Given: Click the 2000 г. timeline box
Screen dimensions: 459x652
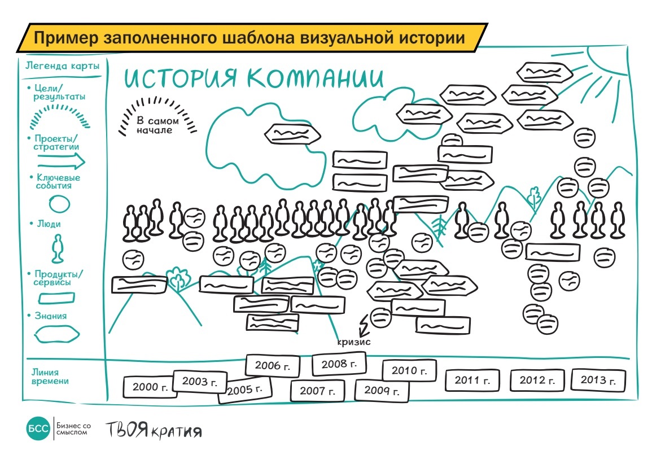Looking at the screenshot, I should (x=150, y=387).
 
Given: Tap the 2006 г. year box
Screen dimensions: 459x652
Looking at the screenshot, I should (x=268, y=365).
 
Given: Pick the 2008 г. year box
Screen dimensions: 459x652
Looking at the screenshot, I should (x=339, y=364).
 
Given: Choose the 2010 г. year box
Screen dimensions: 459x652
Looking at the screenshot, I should (x=409, y=370).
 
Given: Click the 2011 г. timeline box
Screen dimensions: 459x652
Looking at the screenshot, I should (x=472, y=380).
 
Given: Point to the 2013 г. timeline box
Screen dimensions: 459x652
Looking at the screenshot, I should (x=598, y=379).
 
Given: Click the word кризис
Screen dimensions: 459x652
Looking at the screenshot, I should (x=354, y=342).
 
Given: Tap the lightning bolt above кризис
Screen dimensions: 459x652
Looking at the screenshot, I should (x=364, y=325).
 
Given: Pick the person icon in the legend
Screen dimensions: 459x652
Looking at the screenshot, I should (x=56, y=249).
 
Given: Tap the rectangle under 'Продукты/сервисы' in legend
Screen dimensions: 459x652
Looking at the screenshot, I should (x=55, y=297).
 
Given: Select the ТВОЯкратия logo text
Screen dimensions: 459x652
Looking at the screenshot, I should (x=154, y=431).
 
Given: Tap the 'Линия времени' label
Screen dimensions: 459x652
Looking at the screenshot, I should (x=50, y=377).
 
